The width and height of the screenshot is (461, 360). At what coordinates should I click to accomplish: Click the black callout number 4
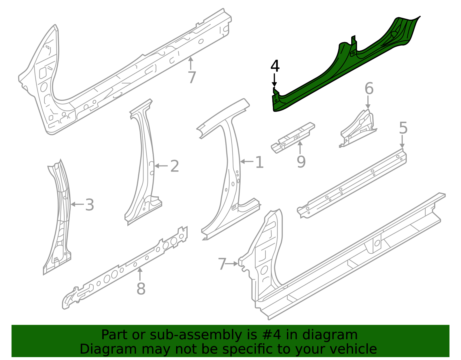tap(275, 66)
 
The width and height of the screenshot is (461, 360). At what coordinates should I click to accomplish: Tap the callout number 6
tap(369, 88)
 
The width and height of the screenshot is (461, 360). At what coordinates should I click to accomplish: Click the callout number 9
tap(301, 162)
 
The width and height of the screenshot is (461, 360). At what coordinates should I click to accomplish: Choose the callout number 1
tap(259, 163)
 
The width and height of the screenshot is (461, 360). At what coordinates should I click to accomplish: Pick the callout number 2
tap(175, 166)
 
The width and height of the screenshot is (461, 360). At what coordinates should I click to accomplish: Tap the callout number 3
tap(90, 205)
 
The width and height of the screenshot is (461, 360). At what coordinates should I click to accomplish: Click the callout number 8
tap(141, 289)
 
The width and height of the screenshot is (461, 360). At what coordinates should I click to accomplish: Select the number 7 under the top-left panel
tap(192, 78)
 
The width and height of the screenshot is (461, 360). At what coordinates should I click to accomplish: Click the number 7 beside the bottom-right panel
tap(222, 264)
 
